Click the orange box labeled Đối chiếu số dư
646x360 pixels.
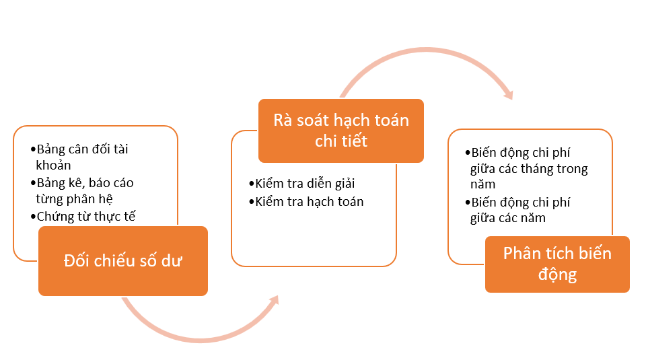122,260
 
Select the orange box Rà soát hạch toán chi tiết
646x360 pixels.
341,131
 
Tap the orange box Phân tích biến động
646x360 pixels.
557,264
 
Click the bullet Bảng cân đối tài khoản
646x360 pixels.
79,157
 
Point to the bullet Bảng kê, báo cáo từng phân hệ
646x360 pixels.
82,190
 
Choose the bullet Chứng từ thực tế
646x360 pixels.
83,217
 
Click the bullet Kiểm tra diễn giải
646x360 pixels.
302,184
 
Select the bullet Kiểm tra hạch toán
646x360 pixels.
306,201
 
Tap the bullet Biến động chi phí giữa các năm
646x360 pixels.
517,210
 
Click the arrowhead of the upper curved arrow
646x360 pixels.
509,94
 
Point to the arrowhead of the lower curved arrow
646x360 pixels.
275,300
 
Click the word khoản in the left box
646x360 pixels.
54,165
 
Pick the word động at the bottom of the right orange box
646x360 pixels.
557,275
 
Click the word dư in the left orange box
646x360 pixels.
172,261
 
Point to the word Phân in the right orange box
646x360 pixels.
522,253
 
